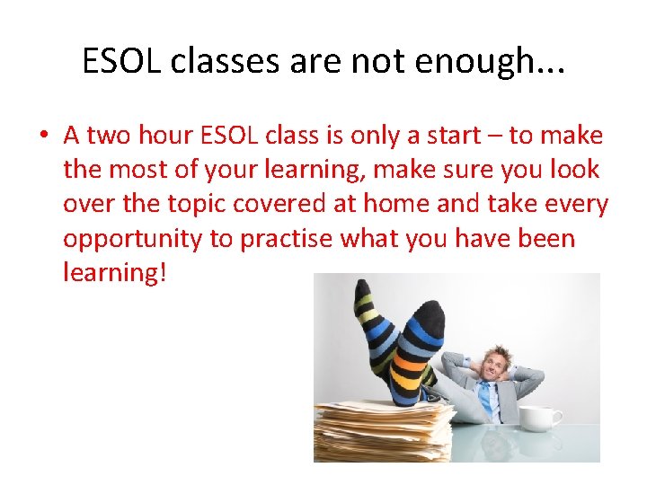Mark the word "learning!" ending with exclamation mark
tap(115, 272)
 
